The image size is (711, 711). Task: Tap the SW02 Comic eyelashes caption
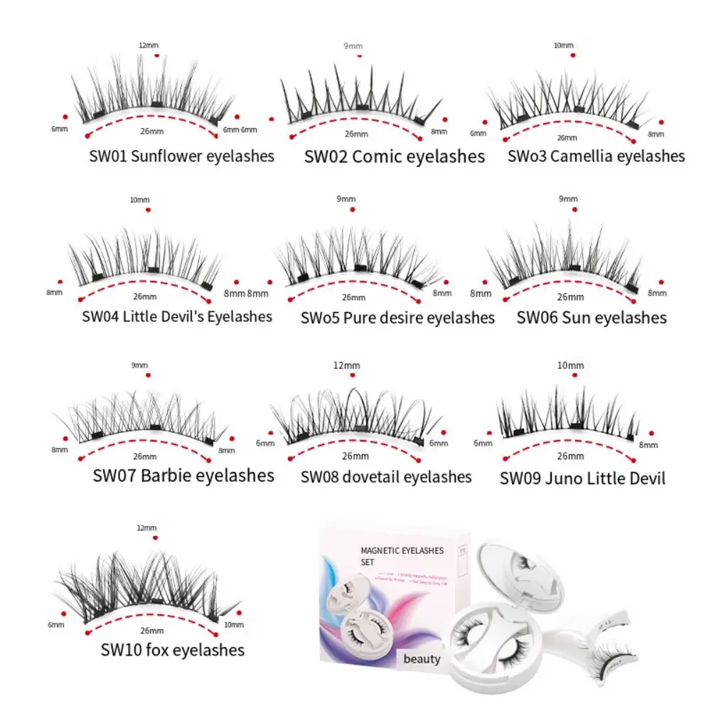pos(395,156)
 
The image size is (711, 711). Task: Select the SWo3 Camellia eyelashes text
pos(596,156)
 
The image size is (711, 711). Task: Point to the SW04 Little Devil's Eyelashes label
pos(177,316)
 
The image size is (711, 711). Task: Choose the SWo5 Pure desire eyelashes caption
pos(397,317)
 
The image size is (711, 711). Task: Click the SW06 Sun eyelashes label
pos(592,317)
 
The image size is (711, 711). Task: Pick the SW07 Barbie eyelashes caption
pos(183,475)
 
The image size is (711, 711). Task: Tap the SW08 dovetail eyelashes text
pos(386,476)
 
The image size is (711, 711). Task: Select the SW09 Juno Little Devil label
pos(582,478)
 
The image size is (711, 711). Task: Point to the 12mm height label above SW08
pos(346,365)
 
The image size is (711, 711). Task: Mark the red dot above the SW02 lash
pos(360,55)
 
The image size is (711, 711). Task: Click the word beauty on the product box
pos(422,658)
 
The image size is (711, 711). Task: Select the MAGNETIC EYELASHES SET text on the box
pos(402,555)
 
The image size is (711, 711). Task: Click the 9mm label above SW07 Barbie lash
pos(140,365)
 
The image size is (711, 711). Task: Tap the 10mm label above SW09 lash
pos(570,365)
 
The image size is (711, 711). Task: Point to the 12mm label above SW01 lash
pos(149,46)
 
